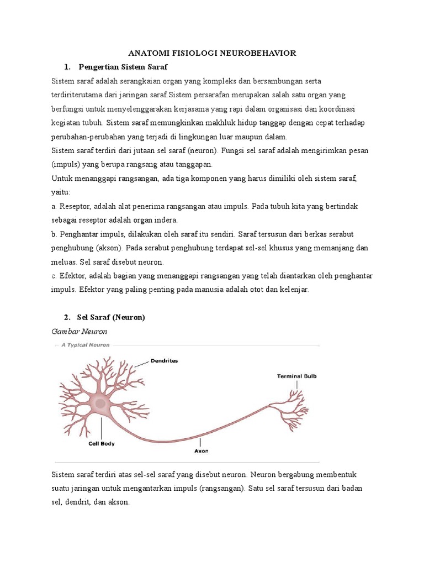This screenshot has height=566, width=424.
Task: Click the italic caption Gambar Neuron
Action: point(79,331)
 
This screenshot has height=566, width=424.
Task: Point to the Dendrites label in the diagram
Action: point(164,361)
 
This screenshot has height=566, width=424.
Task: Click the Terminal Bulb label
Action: point(296,376)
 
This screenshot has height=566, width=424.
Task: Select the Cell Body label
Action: point(102,443)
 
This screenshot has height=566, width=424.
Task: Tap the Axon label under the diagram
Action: point(201,450)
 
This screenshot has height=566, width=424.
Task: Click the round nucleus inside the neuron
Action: point(100,405)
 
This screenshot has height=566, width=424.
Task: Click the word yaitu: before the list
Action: point(61,192)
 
